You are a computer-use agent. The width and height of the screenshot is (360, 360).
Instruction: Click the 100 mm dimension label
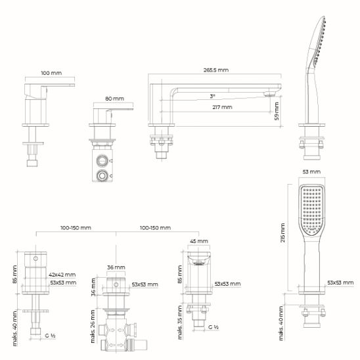[x=51, y=73]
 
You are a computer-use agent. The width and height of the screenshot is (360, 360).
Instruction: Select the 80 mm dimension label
[x=114, y=99]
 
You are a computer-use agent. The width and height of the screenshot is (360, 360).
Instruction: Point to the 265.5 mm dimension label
[x=216, y=70]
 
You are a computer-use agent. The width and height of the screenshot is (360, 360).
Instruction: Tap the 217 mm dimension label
[x=222, y=107]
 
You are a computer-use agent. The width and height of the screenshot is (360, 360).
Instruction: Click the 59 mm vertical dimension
[x=277, y=112]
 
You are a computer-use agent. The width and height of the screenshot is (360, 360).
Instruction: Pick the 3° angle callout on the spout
[x=212, y=96]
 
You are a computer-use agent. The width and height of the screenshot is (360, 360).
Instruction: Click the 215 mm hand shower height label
[x=282, y=233]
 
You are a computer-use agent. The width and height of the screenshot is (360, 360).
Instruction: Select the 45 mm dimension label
[x=199, y=241]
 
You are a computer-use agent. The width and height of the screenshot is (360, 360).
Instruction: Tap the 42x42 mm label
[x=62, y=275]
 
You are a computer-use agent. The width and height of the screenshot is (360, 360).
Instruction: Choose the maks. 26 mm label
[x=93, y=326]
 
